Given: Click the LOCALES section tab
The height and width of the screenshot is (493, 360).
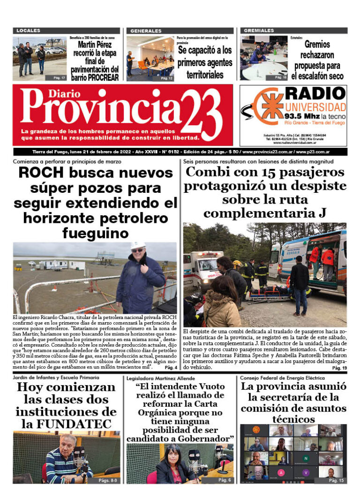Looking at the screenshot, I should click(28, 30).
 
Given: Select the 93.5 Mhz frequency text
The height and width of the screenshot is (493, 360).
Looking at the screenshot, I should click(302, 115).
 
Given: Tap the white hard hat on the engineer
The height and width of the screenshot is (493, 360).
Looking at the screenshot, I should click(137, 245).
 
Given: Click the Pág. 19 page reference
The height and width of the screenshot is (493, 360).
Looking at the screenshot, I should click(339, 368).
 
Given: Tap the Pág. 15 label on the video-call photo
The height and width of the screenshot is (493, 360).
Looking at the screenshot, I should click(336, 480).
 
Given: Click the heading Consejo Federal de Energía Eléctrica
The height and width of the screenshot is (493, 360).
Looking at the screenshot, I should click(282, 378).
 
